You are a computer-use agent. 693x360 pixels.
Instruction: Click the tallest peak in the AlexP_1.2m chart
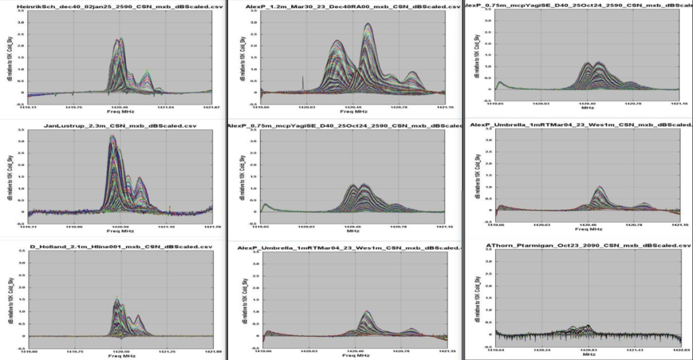[x=367, y=24]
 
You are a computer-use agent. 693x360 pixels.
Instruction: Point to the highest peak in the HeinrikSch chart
[x=120, y=39]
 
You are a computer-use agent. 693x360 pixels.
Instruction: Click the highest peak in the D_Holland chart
[x=117, y=299]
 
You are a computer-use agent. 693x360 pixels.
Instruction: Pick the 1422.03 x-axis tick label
[x=681, y=351]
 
